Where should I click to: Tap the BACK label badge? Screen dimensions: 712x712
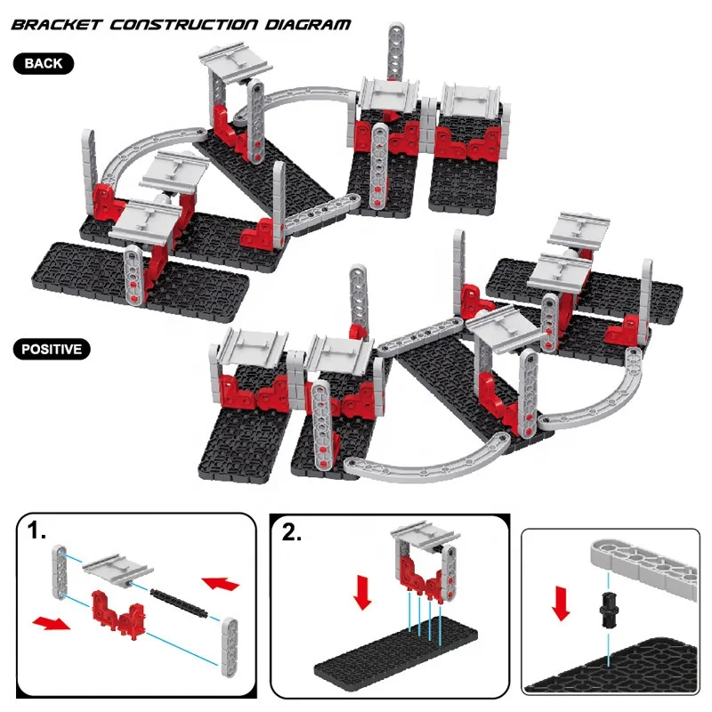pyautogui.click(x=44, y=63)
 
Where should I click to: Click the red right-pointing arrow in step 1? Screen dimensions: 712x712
pyautogui.click(x=51, y=620)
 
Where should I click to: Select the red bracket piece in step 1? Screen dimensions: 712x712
pyautogui.click(x=115, y=611)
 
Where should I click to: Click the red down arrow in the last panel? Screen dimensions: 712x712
pyautogui.click(x=561, y=601)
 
